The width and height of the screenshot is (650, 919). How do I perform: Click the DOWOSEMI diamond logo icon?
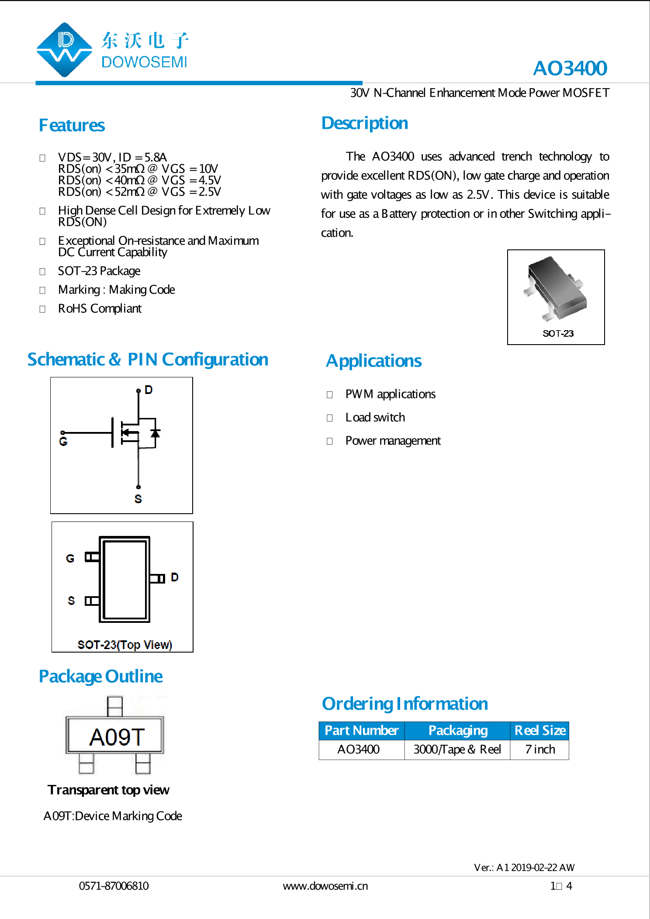64,50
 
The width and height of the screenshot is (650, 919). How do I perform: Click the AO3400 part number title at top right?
570,68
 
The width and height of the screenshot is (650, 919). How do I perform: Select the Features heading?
72,125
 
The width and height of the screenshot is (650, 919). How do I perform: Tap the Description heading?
365,123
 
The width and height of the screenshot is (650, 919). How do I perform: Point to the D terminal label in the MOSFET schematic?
149,390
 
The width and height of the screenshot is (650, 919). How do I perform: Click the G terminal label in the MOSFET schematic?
63,442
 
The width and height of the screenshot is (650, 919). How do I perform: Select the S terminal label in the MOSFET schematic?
138,499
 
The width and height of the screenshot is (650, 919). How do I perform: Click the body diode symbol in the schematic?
155,433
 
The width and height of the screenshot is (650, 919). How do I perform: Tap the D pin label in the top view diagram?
175,577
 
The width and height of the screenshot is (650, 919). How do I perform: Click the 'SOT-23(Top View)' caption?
125,645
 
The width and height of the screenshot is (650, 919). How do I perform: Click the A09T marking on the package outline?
117,737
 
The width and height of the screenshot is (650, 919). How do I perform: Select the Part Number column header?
362,731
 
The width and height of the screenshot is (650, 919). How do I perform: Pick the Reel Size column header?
540,731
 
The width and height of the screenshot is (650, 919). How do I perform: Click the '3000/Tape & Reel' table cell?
457,750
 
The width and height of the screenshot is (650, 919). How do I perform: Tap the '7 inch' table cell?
540,750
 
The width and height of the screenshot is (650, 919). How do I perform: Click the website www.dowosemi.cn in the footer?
325,886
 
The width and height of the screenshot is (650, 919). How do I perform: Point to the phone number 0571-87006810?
114,886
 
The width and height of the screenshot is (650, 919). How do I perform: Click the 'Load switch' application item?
375,418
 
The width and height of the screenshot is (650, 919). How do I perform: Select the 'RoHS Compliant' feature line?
100,309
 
